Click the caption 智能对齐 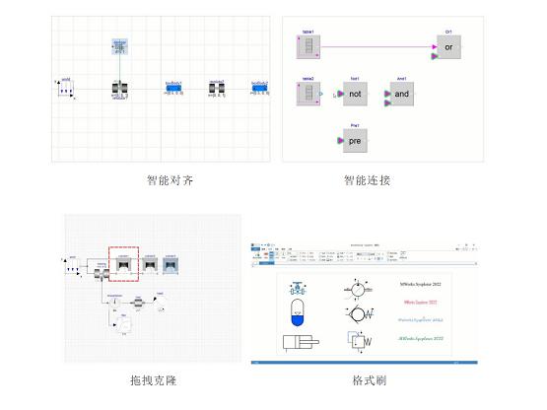point(163,180)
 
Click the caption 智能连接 point(367,180)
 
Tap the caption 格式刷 point(367,379)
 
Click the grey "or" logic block point(449,45)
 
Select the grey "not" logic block point(356,95)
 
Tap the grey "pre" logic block point(356,141)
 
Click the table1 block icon point(306,45)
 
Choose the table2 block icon point(306,95)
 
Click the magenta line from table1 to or point(375,45)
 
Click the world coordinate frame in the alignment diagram point(66,90)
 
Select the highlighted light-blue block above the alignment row point(119,47)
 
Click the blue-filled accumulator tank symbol point(296,314)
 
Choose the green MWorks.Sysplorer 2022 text point(419,339)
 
